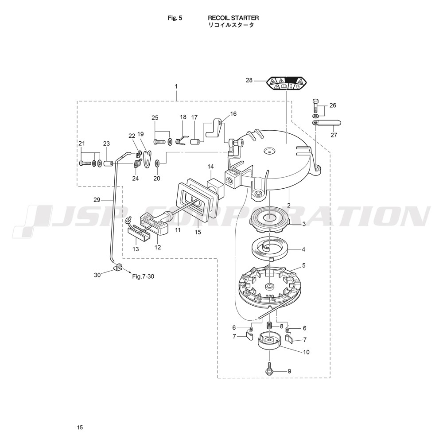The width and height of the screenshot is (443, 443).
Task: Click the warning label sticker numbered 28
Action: coord(287,83)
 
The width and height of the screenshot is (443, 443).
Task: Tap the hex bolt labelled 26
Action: coord(315,106)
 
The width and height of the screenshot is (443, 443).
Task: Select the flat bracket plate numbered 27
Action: coord(327,123)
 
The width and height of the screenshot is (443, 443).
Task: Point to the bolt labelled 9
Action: coord(269,369)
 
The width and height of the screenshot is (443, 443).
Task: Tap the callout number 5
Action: coord(304,265)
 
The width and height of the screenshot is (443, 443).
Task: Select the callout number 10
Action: coord(306,352)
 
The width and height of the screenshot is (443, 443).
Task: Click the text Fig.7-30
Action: coord(143,276)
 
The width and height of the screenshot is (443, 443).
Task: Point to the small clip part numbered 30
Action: coord(119,267)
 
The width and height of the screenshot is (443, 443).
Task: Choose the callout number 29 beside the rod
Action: coord(97,200)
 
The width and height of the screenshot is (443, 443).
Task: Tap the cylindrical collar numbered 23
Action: coord(109,163)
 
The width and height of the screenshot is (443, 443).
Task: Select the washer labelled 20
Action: coord(157,163)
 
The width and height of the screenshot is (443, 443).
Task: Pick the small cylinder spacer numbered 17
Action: coord(195,141)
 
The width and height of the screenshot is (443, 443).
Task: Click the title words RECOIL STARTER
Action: coord(233,18)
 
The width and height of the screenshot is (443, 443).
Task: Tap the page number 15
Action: coord(80,427)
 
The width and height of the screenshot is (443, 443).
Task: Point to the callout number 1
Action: coord(176,86)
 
